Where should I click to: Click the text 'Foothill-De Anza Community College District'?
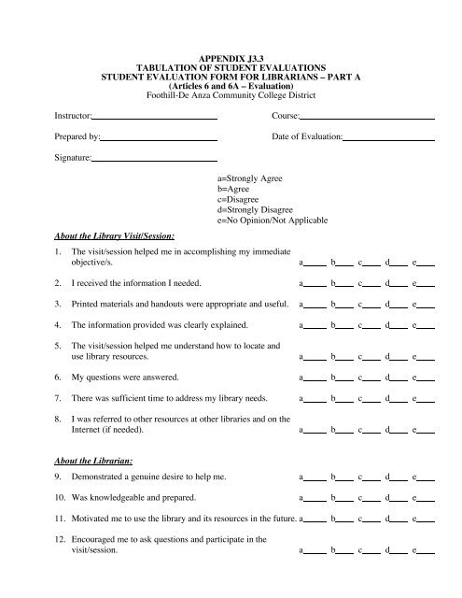pyautogui.click(x=231, y=93)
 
